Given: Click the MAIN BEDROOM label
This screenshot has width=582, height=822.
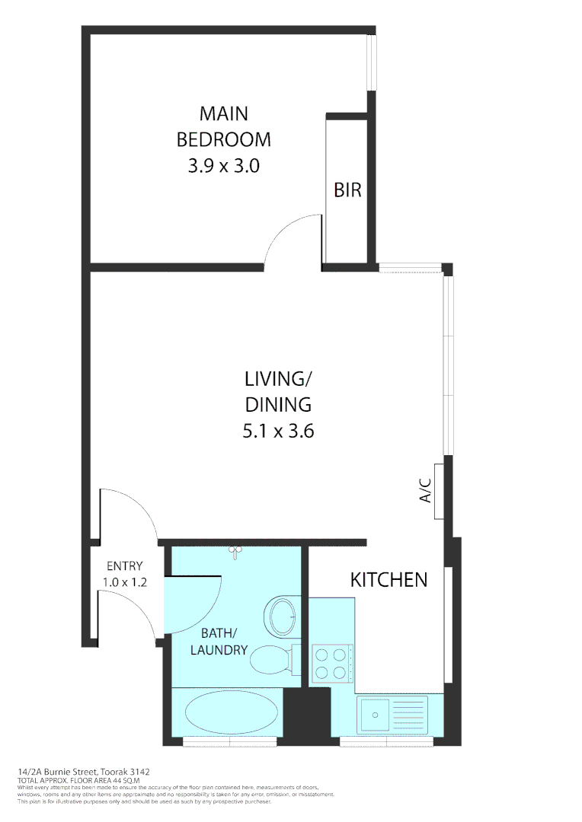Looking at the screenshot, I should point(223,126).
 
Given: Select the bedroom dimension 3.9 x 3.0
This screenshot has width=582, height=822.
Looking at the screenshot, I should point(223,165).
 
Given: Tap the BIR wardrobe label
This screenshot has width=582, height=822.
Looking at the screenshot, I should point(347,190).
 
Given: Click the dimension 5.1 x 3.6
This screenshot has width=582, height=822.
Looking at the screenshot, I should point(278,432).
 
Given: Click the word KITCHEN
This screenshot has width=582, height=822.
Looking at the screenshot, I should point(389,580).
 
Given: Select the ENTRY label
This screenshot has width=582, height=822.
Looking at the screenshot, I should point(124,566).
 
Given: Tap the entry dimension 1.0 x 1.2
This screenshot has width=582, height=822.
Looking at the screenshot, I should point(124,582).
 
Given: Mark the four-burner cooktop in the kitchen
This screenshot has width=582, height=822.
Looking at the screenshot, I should point(332,662).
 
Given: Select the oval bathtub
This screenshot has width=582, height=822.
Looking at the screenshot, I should point(226,713).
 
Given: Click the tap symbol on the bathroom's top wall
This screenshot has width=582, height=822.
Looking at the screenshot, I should point(235,550).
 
